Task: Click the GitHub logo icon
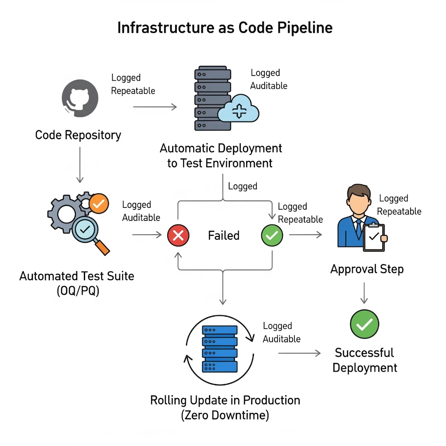pos(80,100)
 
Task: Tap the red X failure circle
pos(178,235)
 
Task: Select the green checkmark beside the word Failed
pos(272,235)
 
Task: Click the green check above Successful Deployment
pos(364,324)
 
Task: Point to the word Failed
pos(223,236)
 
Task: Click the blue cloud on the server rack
pos(238,108)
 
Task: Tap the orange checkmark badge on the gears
pos(99,203)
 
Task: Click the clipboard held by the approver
pos(374,237)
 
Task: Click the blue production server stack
pos(220,348)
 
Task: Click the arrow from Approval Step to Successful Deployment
pos(364,293)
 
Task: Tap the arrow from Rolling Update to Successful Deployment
pos(299,353)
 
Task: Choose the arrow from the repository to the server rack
pos(155,107)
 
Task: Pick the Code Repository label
pos(78,135)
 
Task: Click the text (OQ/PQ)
pos(77,290)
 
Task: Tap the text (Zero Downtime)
pos(225,415)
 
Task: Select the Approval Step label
pos(367,269)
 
